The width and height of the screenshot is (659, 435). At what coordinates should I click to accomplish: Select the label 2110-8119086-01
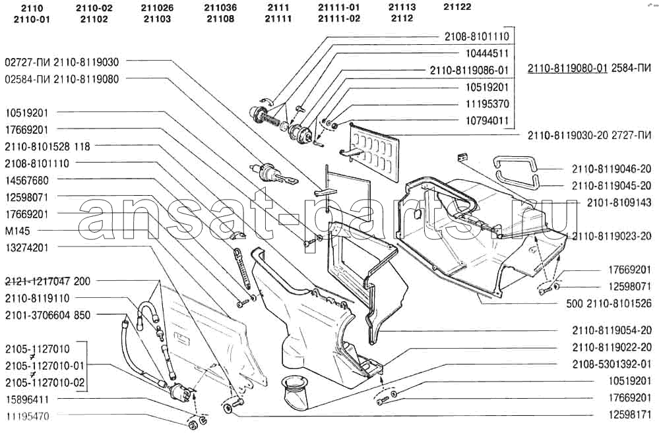(x=469, y=70)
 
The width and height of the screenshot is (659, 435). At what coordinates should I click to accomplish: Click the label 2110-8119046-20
(x=612, y=169)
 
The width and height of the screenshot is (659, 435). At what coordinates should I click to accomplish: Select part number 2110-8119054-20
(x=612, y=330)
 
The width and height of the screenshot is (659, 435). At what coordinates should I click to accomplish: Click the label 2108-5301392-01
(x=612, y=364)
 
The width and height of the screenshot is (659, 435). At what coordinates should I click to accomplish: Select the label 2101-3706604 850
(x=47, y=315)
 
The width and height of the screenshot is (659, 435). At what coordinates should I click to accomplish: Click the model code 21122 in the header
(x=456, y=7)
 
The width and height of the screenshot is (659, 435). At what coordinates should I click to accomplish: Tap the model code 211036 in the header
(x=220, y=7)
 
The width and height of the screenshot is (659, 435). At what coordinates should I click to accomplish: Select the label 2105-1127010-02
(x=45, y=382)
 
